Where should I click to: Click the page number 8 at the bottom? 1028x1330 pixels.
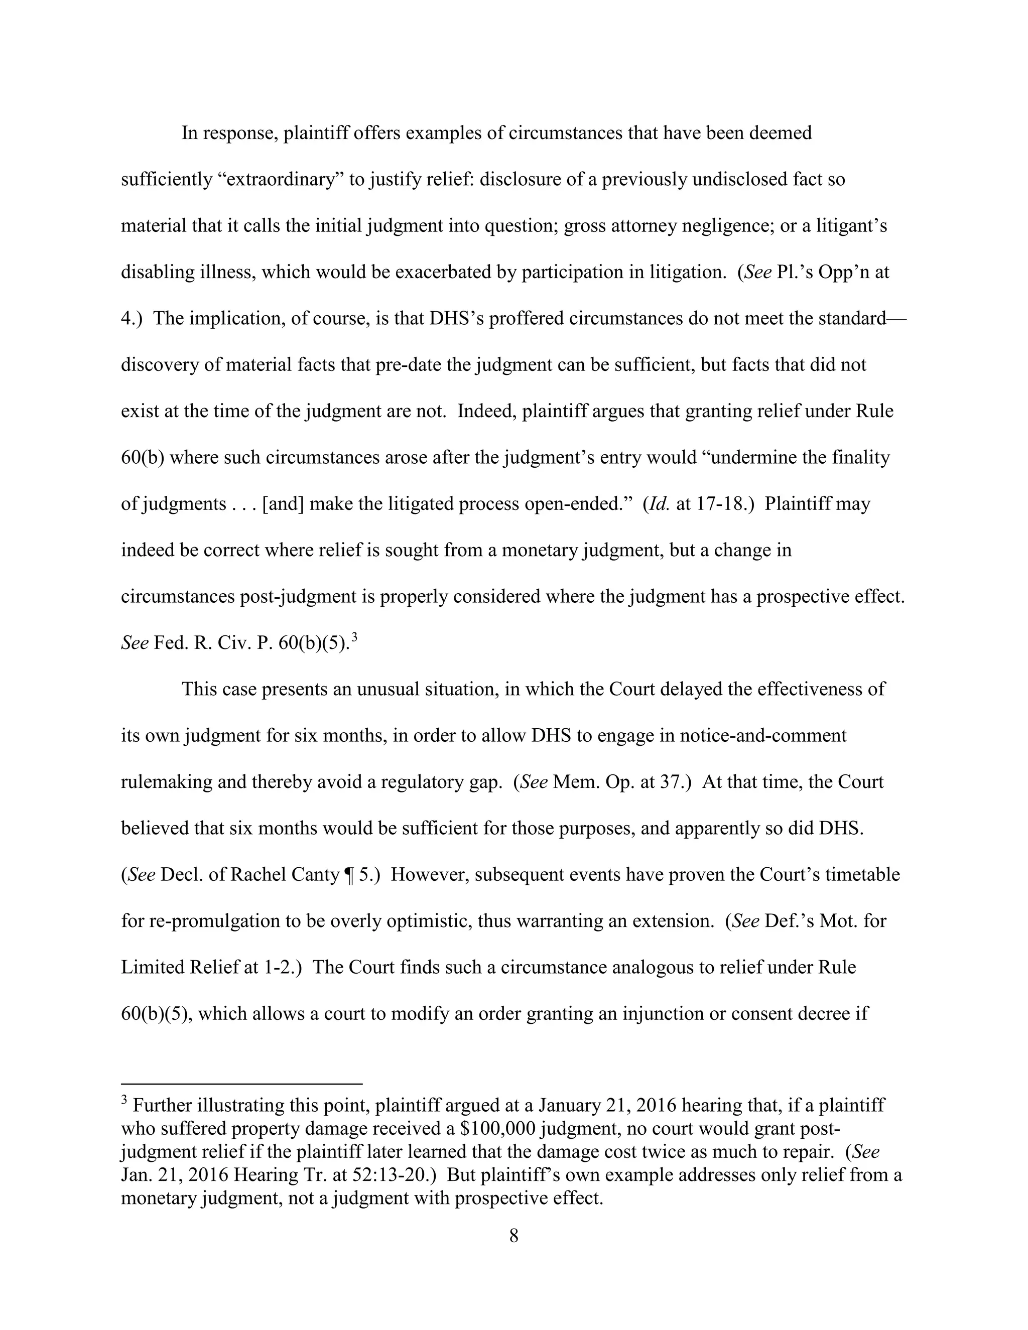(x=513, y=1236)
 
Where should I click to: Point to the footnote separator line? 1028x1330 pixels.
(x=242, y=1084)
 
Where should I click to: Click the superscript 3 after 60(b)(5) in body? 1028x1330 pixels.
(x=354, y=637)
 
